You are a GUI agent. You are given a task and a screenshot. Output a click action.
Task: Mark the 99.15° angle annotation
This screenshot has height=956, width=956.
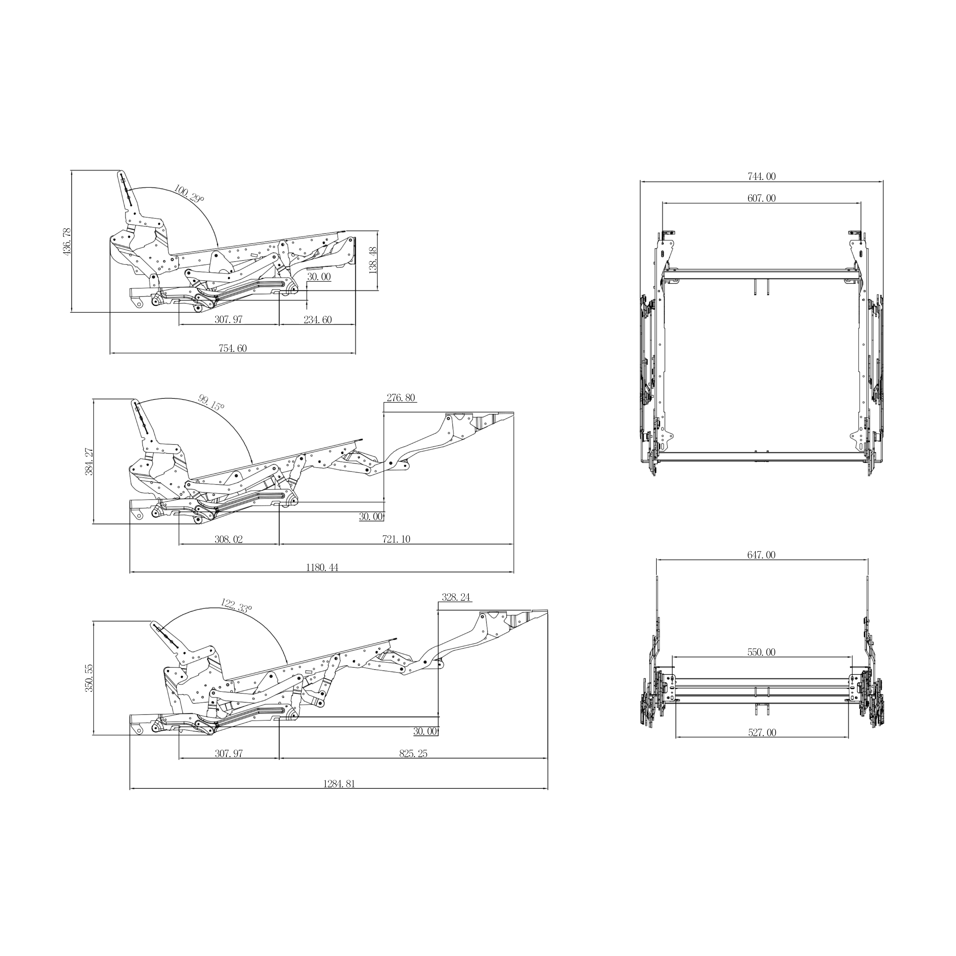[211, 402]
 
